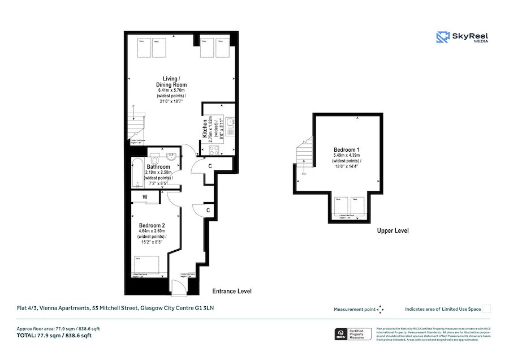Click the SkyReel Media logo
pyautogui.click(x=462, y=37)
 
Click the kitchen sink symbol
pyautogui.click(x=230, y=122)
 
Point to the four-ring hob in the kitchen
pyautogui.click(x=215, y=150)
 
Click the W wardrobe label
pyautogui.click(x=145, y=197)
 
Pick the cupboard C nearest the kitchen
pyautogui.click(x=210, y=166)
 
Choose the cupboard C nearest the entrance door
pyautogui.click(x=208, y=210)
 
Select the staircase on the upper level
pyautogui.click(x=304, y=155)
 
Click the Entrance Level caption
pyautogui.click(x=231, y=291)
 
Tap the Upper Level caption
pyautogui.click(x=392, y=231)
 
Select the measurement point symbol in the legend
pyautogui.click(x=381, y=309)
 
